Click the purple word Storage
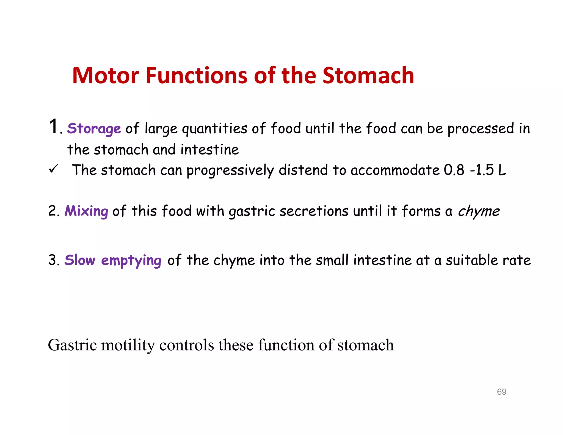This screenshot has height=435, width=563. (94, 129)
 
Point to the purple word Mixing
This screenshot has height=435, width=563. (86, 211)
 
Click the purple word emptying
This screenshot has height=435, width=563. (131, 260)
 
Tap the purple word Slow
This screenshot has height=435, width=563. (80, 260)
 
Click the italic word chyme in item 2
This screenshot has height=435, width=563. (479, 211)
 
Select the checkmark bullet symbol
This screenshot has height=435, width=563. (53, 169)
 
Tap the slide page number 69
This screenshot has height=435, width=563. (501, 392)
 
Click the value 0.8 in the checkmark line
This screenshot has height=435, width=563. (454, 170)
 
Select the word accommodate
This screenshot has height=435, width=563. (395, 170)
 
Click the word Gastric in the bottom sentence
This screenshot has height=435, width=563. (72, 345)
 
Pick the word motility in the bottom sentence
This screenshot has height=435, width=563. (128, 345)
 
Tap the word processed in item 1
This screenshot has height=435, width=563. (481, 129)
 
